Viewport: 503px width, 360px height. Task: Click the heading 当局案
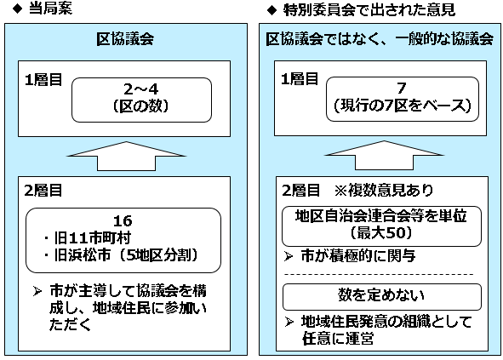click(x=51, y=9)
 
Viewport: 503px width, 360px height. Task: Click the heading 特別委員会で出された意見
click(x=369, y=10)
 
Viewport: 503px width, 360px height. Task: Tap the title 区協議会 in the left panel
click(x=125, y=39)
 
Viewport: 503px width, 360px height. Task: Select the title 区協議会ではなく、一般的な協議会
click(x=380, y=39)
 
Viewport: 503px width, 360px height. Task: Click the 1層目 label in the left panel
click(x=43, y=79)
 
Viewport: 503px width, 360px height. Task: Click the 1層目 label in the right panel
click(x=300, y=78)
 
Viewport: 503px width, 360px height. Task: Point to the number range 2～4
click(x=141, y=89)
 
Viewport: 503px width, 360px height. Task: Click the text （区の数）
click(x=140, y=106)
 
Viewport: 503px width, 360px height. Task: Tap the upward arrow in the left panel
click(x=127, y=157)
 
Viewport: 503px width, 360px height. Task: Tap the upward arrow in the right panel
click(x=385, y=155)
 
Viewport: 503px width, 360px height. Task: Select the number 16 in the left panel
click(x=123, y=221)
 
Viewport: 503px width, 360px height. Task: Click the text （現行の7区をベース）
click(x=403, y=106)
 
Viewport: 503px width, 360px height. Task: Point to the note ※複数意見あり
click(x=384, y=191)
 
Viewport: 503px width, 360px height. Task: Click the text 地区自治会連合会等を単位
click(x=380, y=216)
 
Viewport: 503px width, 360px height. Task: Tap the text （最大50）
click(x=381, y=232)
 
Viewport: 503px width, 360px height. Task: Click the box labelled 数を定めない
click(x=382, y=296)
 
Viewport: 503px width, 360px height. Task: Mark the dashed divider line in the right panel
click(x=379, y=275)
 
